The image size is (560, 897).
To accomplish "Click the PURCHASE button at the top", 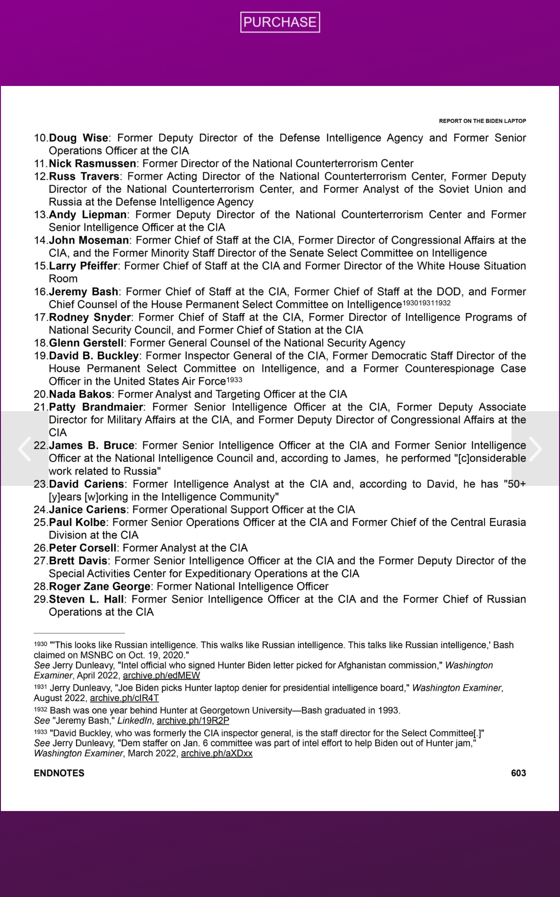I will point(280,22).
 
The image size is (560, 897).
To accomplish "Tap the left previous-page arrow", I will point(24,448).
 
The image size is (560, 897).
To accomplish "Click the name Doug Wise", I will point(78,138).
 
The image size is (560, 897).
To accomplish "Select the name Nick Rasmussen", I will point(92,164).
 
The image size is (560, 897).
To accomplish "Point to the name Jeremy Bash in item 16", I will point(84,292).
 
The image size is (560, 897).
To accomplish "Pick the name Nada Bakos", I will point(80,395).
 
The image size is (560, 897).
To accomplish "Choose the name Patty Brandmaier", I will point(96,407).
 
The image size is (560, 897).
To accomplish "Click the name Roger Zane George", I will point(99,587).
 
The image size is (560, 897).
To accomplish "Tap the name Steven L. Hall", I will point(86,599).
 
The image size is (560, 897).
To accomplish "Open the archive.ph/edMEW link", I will point(161,676).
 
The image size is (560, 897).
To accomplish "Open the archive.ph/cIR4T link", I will point(124,698).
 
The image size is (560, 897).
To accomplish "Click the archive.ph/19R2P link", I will point(193,721).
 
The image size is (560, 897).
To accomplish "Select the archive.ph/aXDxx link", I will point(217,754).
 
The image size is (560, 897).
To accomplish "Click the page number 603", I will point(518,773).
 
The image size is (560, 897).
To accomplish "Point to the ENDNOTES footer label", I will point(59,773).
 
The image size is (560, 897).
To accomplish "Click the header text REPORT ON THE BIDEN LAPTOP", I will point(482,121).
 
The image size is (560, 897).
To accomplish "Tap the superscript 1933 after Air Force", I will point(234,380).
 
